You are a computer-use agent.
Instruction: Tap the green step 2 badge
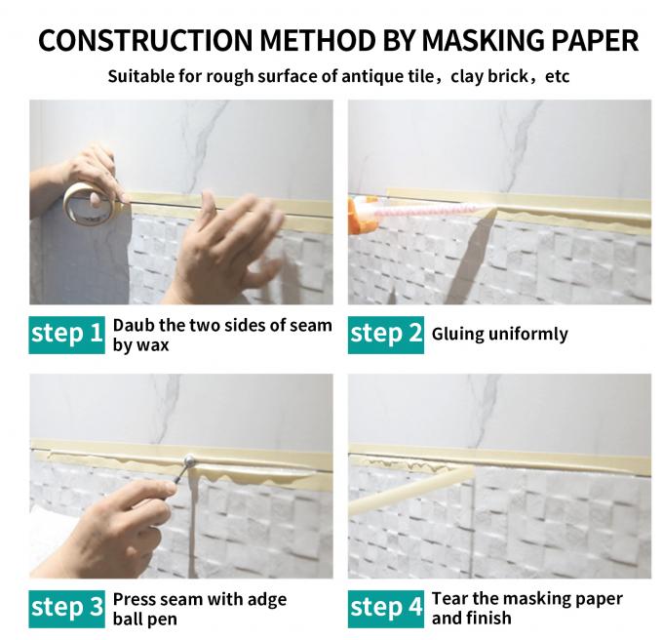tap(386, 334)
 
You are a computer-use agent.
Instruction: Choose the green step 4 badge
tap(386, 607)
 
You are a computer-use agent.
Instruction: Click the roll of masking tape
tap(86, 200)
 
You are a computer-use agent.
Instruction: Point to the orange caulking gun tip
tap(356, 208)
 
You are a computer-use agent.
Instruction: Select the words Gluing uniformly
tap(499, 334)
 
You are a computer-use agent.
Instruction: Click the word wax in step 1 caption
tap(152, 344)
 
